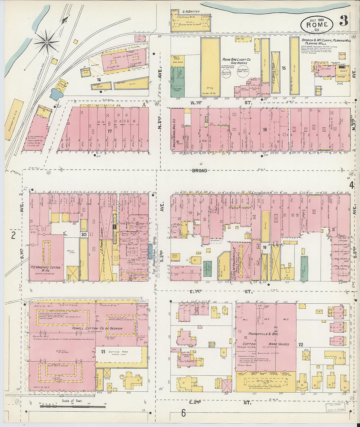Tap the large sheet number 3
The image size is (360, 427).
coord(343,20)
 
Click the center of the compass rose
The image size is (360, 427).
coord(47,42)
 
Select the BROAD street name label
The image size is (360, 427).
coord(199,170)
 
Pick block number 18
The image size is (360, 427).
coord(264,130)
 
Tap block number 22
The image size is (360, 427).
coord(300,344)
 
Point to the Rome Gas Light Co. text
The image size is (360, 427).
coord(236,60)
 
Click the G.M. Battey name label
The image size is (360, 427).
coord(191,12)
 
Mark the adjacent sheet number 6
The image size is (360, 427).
coord(183,413)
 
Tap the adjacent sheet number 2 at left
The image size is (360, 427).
coord(13,235)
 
